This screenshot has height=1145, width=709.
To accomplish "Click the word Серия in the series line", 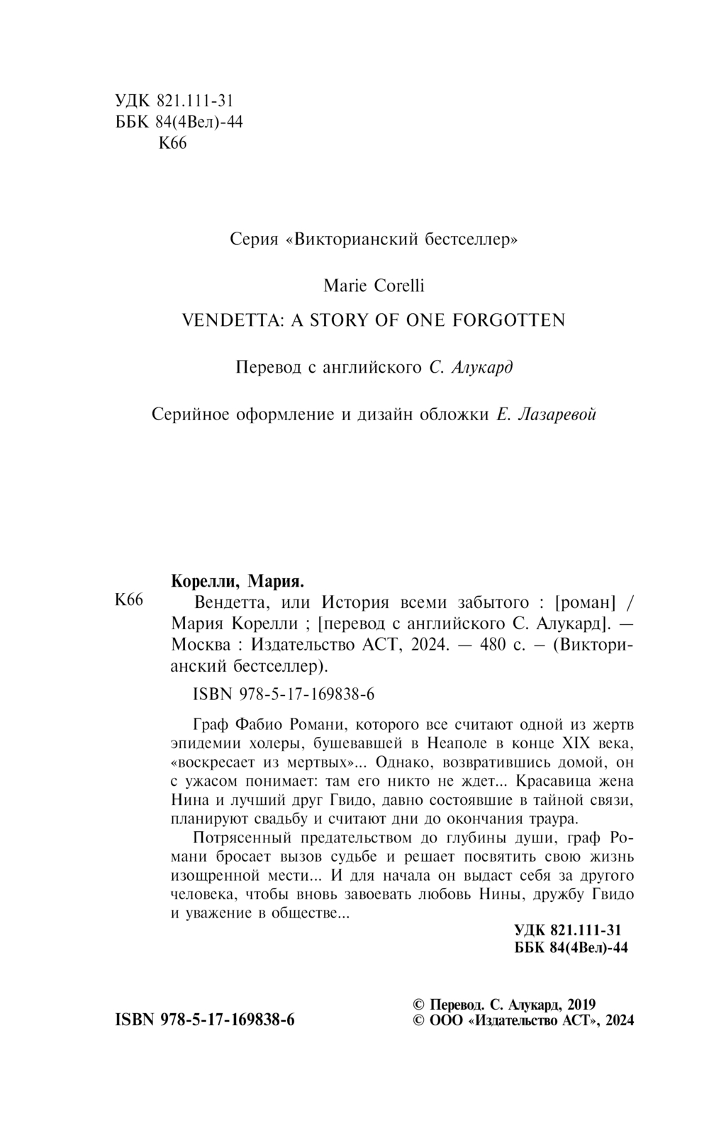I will [x=253, y=239].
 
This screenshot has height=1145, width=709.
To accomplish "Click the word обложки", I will [x=450, y=414].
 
